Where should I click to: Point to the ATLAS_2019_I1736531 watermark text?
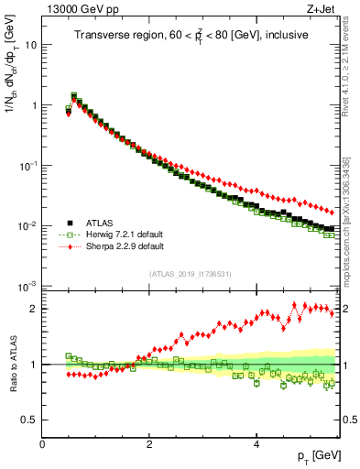point(189,274)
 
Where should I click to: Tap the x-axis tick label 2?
point(149,443)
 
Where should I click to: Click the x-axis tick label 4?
point(256,443)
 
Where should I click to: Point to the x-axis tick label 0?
point(43,443)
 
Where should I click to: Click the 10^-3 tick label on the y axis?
point(27,287)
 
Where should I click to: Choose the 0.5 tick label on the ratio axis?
point(29,420)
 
